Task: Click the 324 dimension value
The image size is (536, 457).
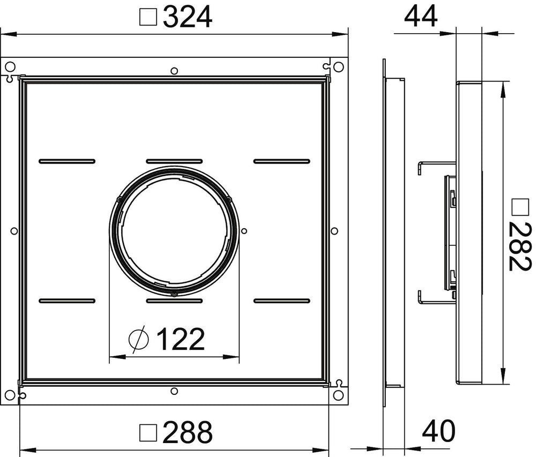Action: coord(188,17)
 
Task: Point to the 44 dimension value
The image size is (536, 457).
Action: coord(420,16)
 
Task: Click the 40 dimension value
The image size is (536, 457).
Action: coord(439,431)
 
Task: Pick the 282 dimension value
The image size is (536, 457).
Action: coord(520,246)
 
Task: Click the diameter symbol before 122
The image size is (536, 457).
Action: coord(139,339)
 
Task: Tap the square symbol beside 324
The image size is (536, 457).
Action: coord(148,18)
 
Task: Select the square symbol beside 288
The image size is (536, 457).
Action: coord(148,433)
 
